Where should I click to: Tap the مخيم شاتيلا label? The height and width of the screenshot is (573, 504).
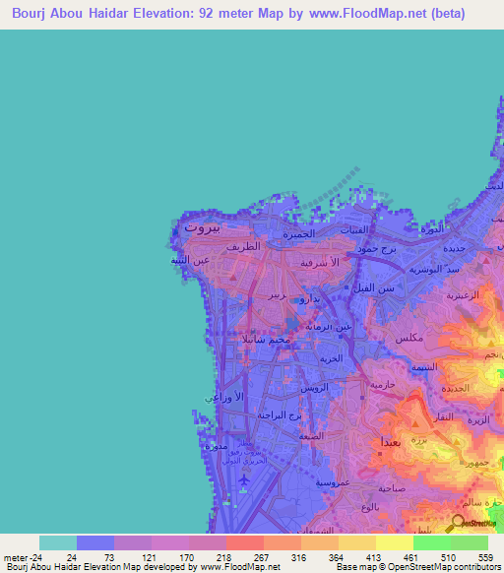pyautogui.click(x=266, y=339)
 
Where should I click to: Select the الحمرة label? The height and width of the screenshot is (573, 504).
pyautogui.click(x=298, y=234)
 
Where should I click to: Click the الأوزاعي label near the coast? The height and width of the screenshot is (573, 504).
pyautogui.click(x=218, y=396)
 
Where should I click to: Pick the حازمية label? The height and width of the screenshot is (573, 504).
pyautogui.click(x=383, y=385)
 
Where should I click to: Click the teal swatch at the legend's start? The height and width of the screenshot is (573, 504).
pyautogui.click(x=58, y=542)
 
